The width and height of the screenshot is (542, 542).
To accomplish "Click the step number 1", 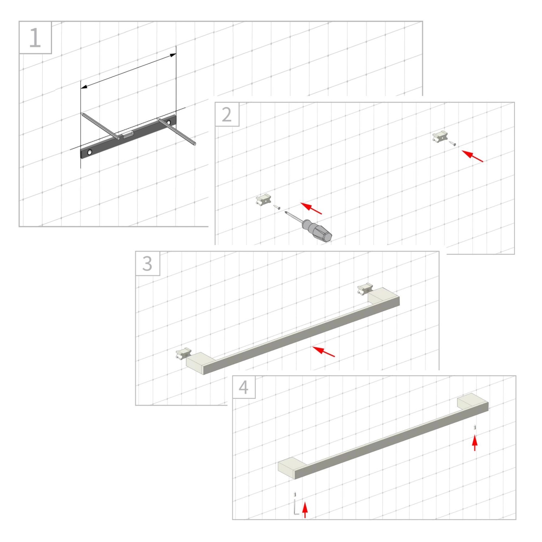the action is pos(35,38).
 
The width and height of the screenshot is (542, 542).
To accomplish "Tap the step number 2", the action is pos(227,115).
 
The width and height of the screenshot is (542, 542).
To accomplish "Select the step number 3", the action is pos(147,264).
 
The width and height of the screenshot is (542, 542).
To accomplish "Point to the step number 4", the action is pos(244,388).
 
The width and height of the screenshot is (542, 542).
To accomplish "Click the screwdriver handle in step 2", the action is pos(317,231).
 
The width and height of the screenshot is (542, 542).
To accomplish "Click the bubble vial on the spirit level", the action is pos(128,135).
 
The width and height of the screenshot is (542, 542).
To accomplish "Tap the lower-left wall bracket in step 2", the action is pos(264,200).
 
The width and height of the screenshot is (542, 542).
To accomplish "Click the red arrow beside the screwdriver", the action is pos(311,208).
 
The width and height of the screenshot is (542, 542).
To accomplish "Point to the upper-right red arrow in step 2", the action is pos(473,156).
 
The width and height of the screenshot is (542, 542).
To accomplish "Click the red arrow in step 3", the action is pos(324,351).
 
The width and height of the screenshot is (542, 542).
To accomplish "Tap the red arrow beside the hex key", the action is pos(305,509).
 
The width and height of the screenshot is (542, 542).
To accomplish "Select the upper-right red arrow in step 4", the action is pos(475,443).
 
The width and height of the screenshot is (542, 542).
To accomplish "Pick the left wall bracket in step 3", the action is pos(183,353).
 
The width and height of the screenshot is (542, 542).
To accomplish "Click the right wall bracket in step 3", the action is pos(365,289).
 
